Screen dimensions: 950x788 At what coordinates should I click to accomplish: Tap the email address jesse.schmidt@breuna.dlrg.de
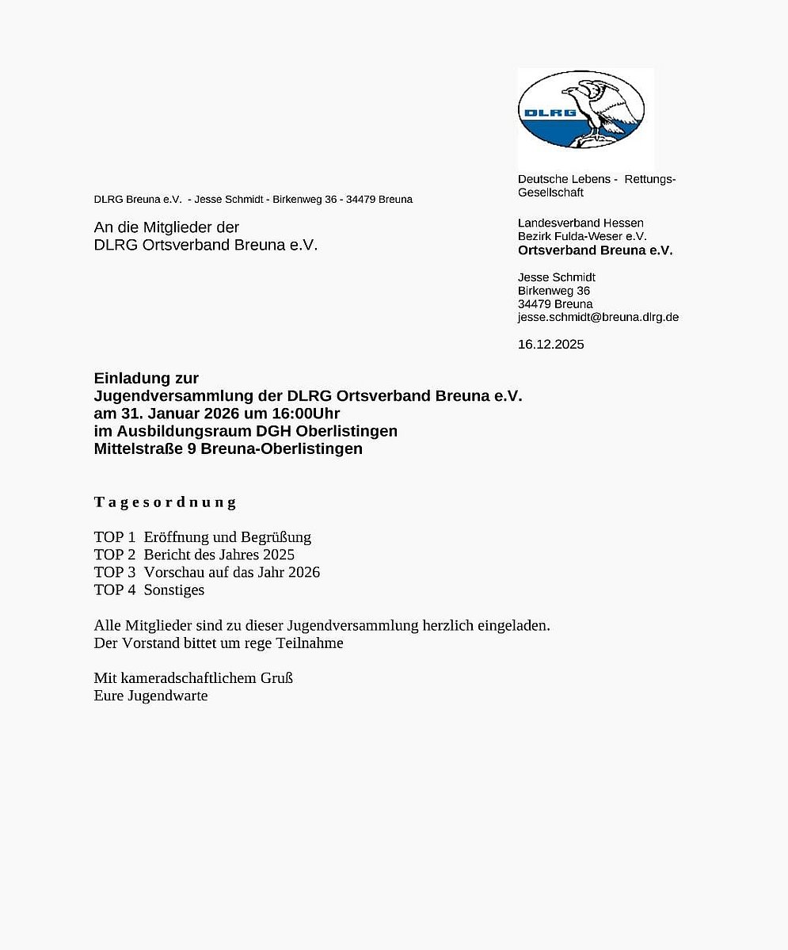[x=598, y=317]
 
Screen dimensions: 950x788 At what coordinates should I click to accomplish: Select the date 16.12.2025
[x=550, y=344]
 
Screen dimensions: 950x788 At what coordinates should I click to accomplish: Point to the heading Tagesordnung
[x=165, y=502]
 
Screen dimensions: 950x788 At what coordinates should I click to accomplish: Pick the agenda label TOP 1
[x=115, y=537]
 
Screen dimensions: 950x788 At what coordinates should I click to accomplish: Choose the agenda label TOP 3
[x=115, y=572]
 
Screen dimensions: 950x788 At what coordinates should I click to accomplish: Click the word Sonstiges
[x=174, y=589]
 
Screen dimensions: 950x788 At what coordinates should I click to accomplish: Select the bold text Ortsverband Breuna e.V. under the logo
[x=595, y=250]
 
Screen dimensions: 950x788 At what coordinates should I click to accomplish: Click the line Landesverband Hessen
[x=581, y=223]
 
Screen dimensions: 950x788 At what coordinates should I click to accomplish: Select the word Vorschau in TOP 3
[x=173, y=572]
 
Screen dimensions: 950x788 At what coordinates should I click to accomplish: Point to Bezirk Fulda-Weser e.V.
[x=582, y=236]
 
